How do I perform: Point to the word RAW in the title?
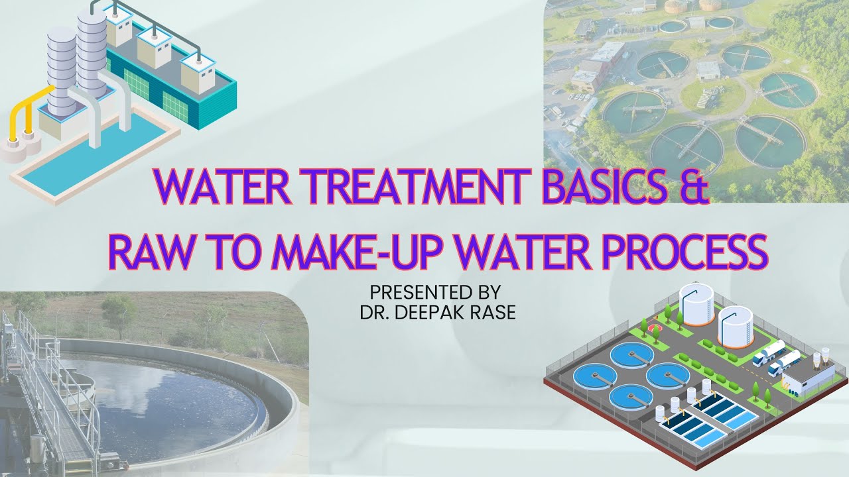pyautogui.click(x=148, y=251)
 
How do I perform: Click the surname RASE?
pyautogui.click(x=491, y=311)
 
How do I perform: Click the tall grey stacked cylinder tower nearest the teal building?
pyautogui.click(x=91, y=53)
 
